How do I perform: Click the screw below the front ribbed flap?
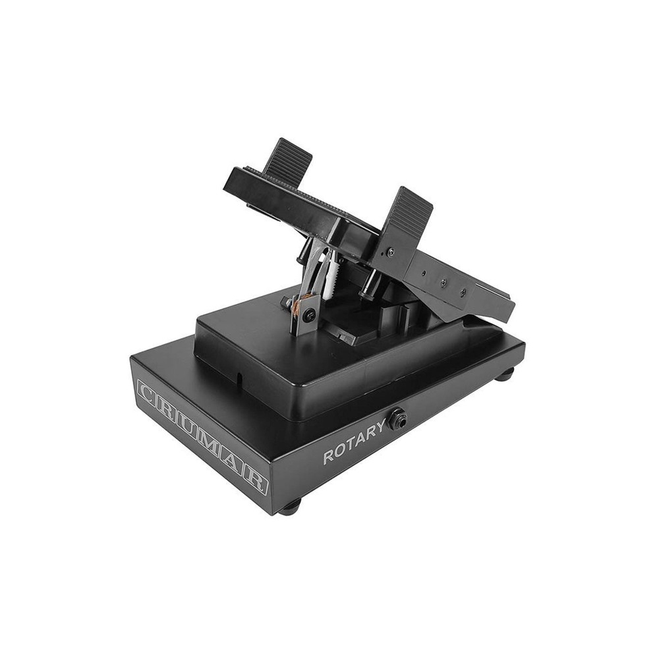pos(391,250)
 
